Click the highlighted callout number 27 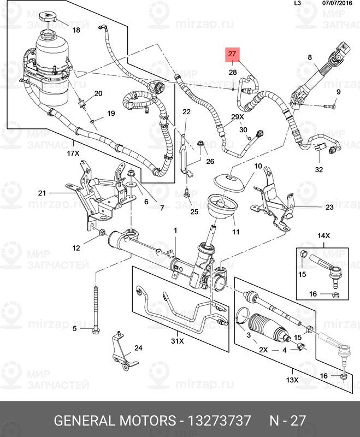tap(232, 54)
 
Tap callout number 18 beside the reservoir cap tap(76, 30)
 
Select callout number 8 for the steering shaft tap(309, 57)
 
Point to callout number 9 tap(338, 91)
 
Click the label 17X tap(73, 154)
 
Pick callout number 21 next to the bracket tap(42, 193)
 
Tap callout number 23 tap(329, 207)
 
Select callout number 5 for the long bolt tap(75, 328)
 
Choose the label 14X tap(324, 235)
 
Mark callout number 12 tap(76, 248)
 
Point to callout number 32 tap(319, 169)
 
